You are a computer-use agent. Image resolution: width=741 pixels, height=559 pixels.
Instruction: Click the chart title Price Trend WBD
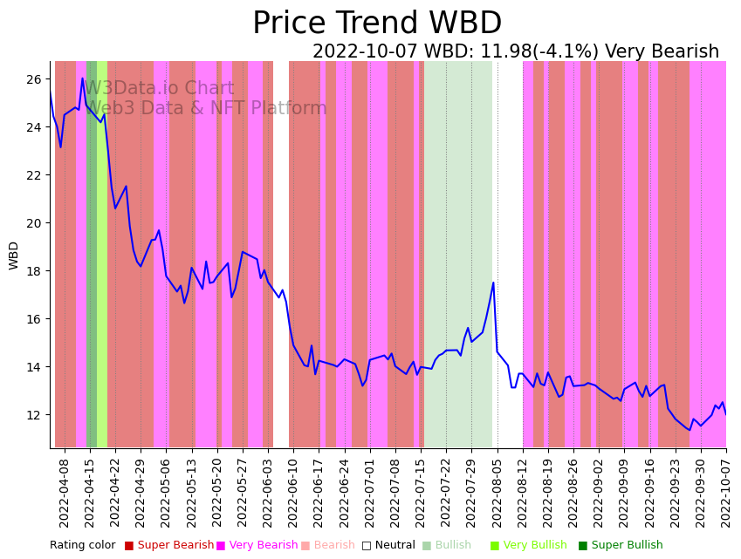377,24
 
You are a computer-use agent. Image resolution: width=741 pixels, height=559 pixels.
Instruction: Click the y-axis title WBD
14,255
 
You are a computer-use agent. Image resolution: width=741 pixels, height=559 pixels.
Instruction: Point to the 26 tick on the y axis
34,79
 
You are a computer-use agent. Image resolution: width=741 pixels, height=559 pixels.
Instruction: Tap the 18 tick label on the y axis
34,271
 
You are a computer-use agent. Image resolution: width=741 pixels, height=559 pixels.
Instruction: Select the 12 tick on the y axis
34,415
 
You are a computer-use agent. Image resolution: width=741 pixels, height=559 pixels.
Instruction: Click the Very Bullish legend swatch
495,546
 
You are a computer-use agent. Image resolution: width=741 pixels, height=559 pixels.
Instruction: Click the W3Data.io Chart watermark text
159,89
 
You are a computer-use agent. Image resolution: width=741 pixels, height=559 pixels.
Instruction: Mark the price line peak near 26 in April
83,78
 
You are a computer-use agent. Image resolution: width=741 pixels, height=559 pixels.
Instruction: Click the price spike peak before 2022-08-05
493,283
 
